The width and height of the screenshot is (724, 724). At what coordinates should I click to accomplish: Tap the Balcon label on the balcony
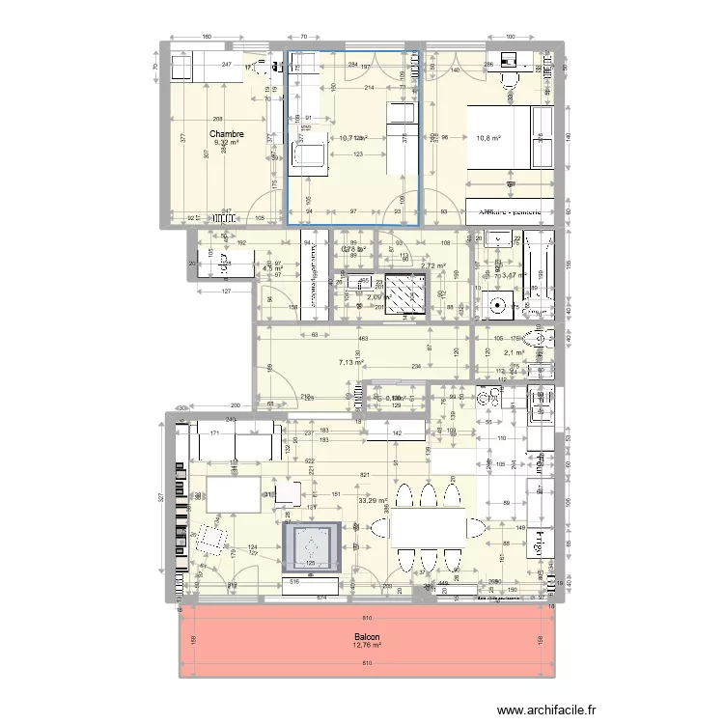367,637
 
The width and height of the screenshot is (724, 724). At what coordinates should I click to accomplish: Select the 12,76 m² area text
367,647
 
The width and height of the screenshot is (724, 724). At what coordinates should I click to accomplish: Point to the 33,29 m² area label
372,501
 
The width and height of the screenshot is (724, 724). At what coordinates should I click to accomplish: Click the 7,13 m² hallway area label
349,363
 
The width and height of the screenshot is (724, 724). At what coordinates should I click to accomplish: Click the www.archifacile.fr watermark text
545,710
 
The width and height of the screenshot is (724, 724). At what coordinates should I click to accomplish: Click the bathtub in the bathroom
540,273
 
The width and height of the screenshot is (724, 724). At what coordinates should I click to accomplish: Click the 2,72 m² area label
433,265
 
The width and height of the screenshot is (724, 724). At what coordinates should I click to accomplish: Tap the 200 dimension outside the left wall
234,406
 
